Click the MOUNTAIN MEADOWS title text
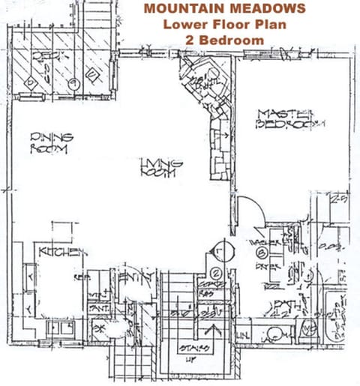[224, 9]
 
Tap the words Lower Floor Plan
[224, 24]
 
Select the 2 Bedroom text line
[224, 39]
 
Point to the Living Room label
[160, 167]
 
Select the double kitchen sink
[61, 328]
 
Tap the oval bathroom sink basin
[277, 333]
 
